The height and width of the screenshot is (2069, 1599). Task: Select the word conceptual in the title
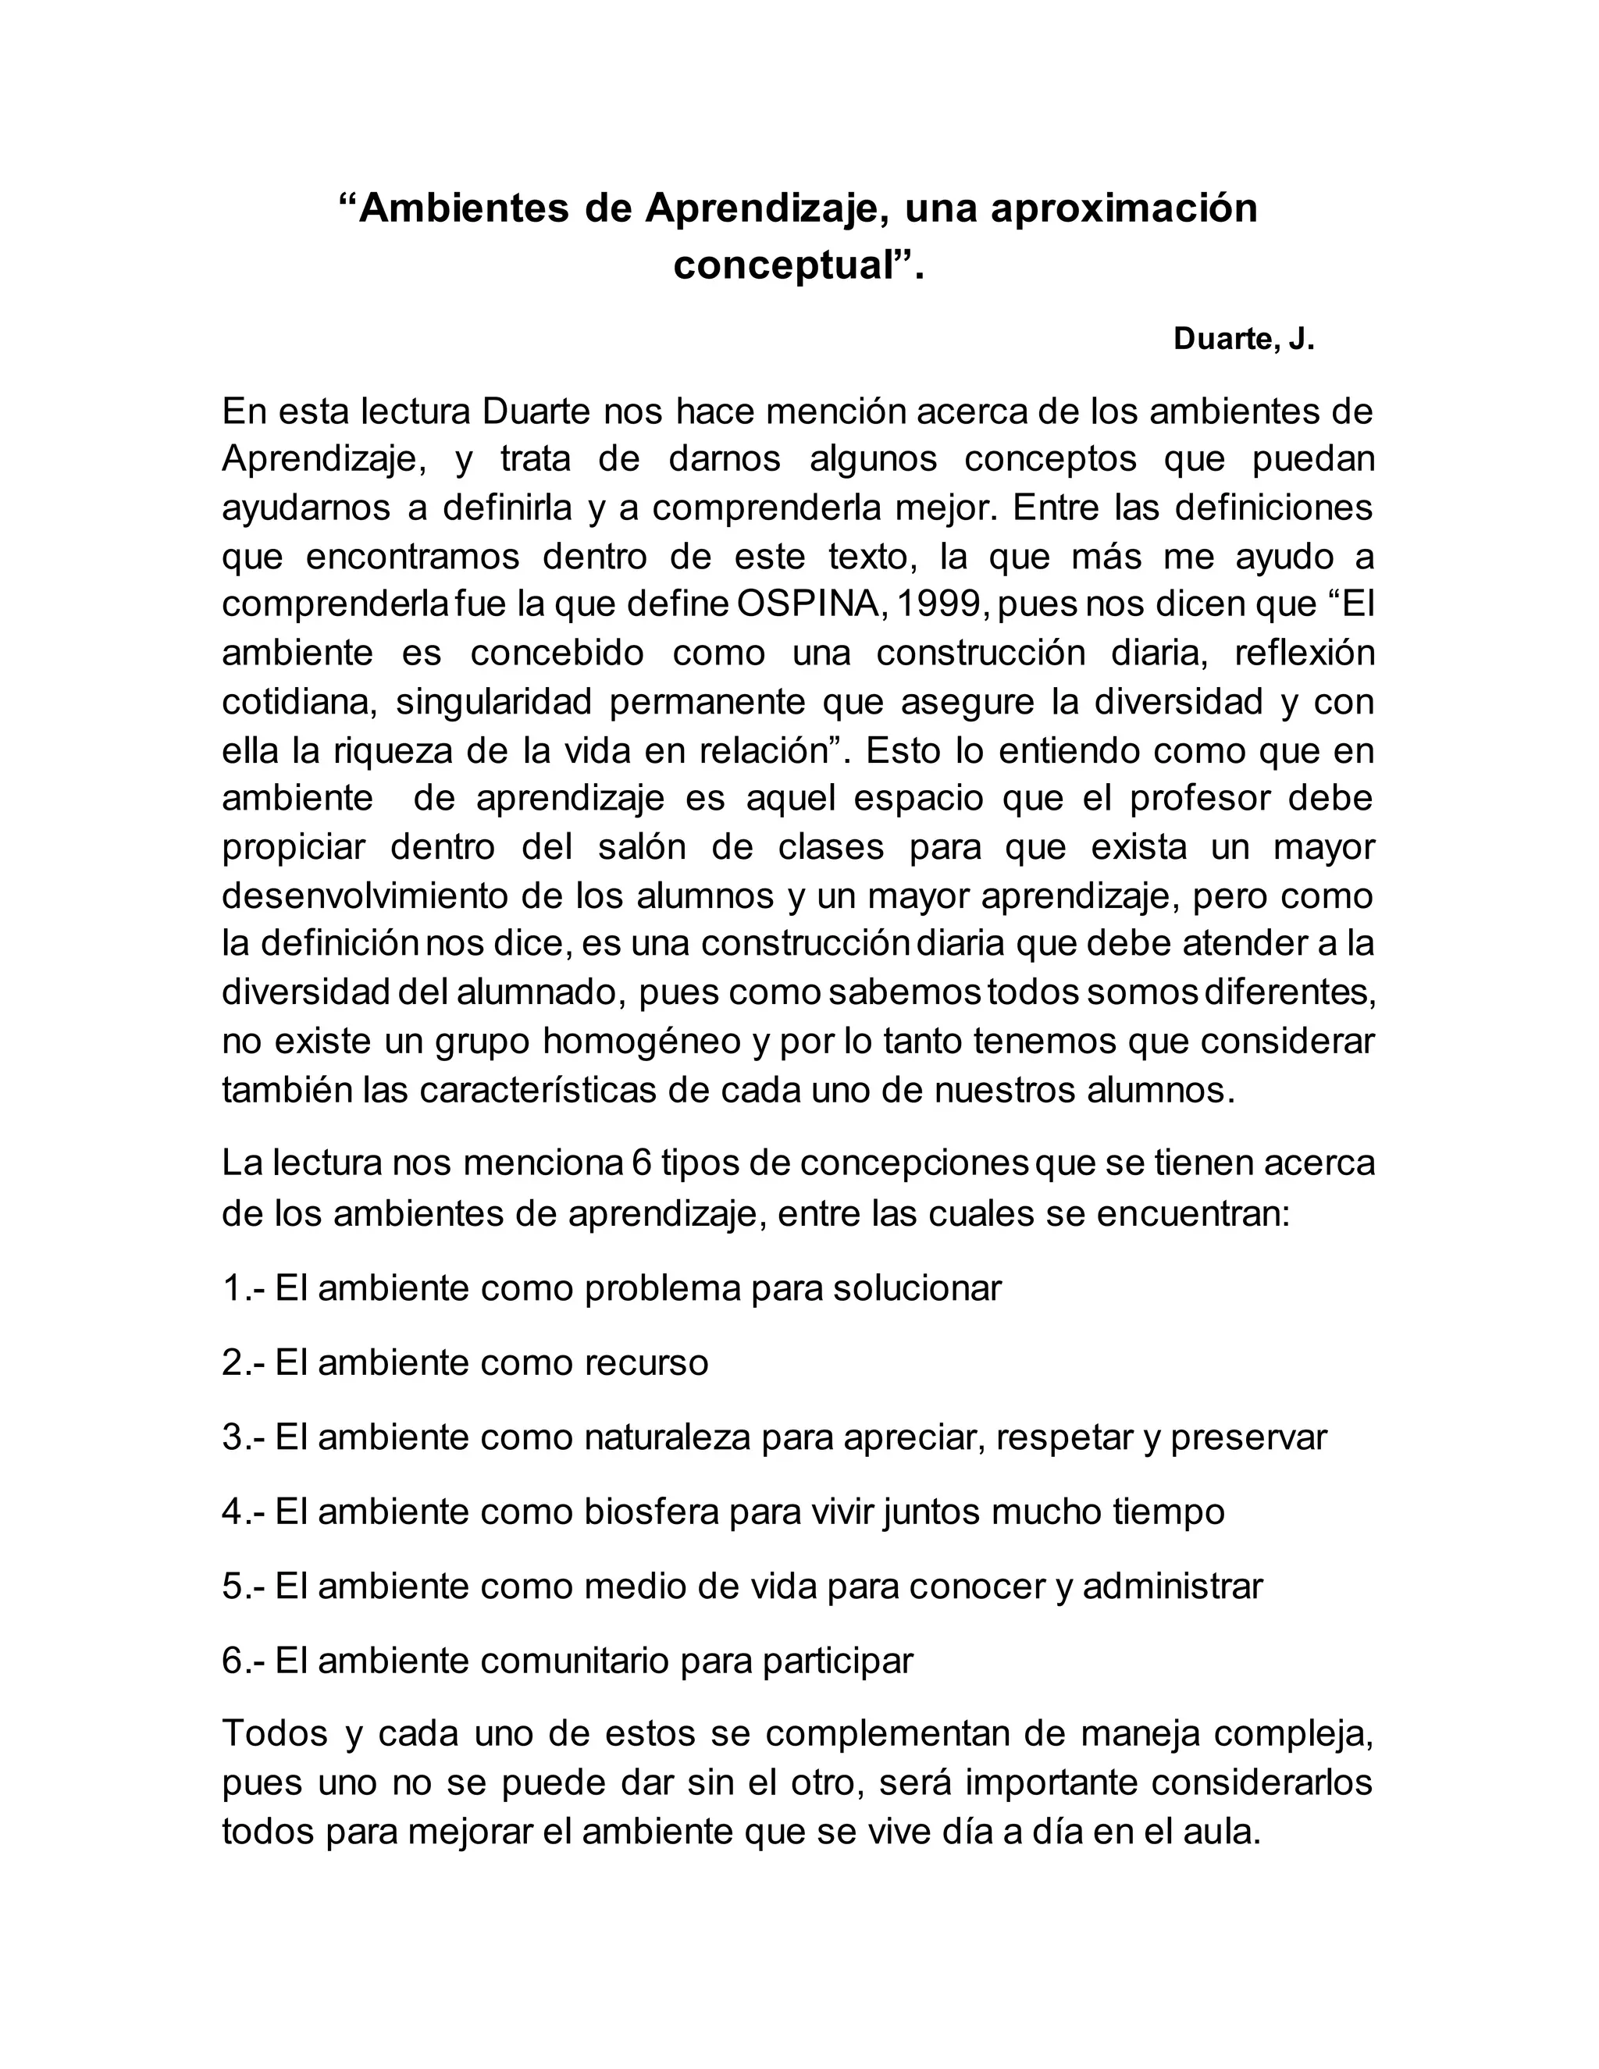pyautogui.click(x=785, y=265)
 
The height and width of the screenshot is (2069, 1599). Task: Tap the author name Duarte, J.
pyautogui.click(x=1244, y=339)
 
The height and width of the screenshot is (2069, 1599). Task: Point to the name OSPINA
pyautogui.click(x=807, y=604)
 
